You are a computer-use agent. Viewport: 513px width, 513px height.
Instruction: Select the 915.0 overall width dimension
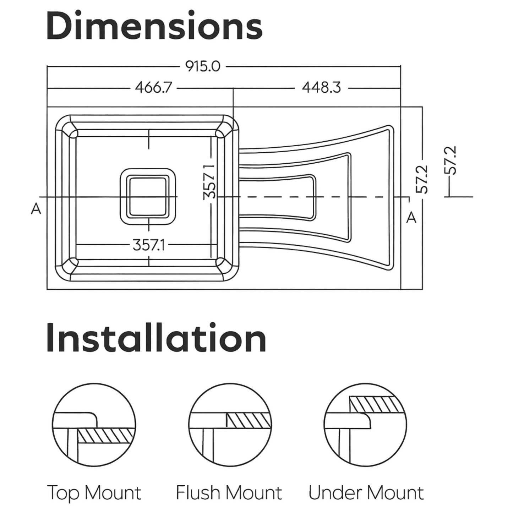pyautogui.click(x=203, y=66)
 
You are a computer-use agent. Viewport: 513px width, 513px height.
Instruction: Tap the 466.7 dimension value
pyautogui.click(x=153, y=88)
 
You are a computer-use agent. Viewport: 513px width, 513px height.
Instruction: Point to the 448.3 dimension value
pyautogui.click(x=321, y=88)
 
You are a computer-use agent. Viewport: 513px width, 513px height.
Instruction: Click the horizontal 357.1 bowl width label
pyautogui.click(x=148, y=245)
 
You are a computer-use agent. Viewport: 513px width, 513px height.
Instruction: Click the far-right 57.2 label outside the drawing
pyautogui.click(x=452, y=160)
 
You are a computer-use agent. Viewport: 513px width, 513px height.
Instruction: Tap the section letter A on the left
pyautogui.click(x=36, y=209)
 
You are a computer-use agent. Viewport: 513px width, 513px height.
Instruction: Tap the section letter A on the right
pyautogui.click(x=411, y=217)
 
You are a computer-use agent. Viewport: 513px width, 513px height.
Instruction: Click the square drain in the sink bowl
pyautogui.click(x=148, y=197)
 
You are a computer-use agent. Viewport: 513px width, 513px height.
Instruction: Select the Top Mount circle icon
pyautogui.click(x=94, y=425)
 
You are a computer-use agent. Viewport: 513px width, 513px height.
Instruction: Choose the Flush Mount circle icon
pyautogui.click(x=230, y=425)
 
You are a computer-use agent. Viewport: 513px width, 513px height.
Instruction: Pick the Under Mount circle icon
pyautogui.click(x=365, y=425)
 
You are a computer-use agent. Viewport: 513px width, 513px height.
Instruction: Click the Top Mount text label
pyautogui.click(x=94, y=493)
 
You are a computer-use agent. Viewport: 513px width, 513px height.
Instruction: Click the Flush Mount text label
pyautogui.click(x=229, y=493)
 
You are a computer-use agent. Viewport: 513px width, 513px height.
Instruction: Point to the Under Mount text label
pyautogui.click(x=366, y=493)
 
